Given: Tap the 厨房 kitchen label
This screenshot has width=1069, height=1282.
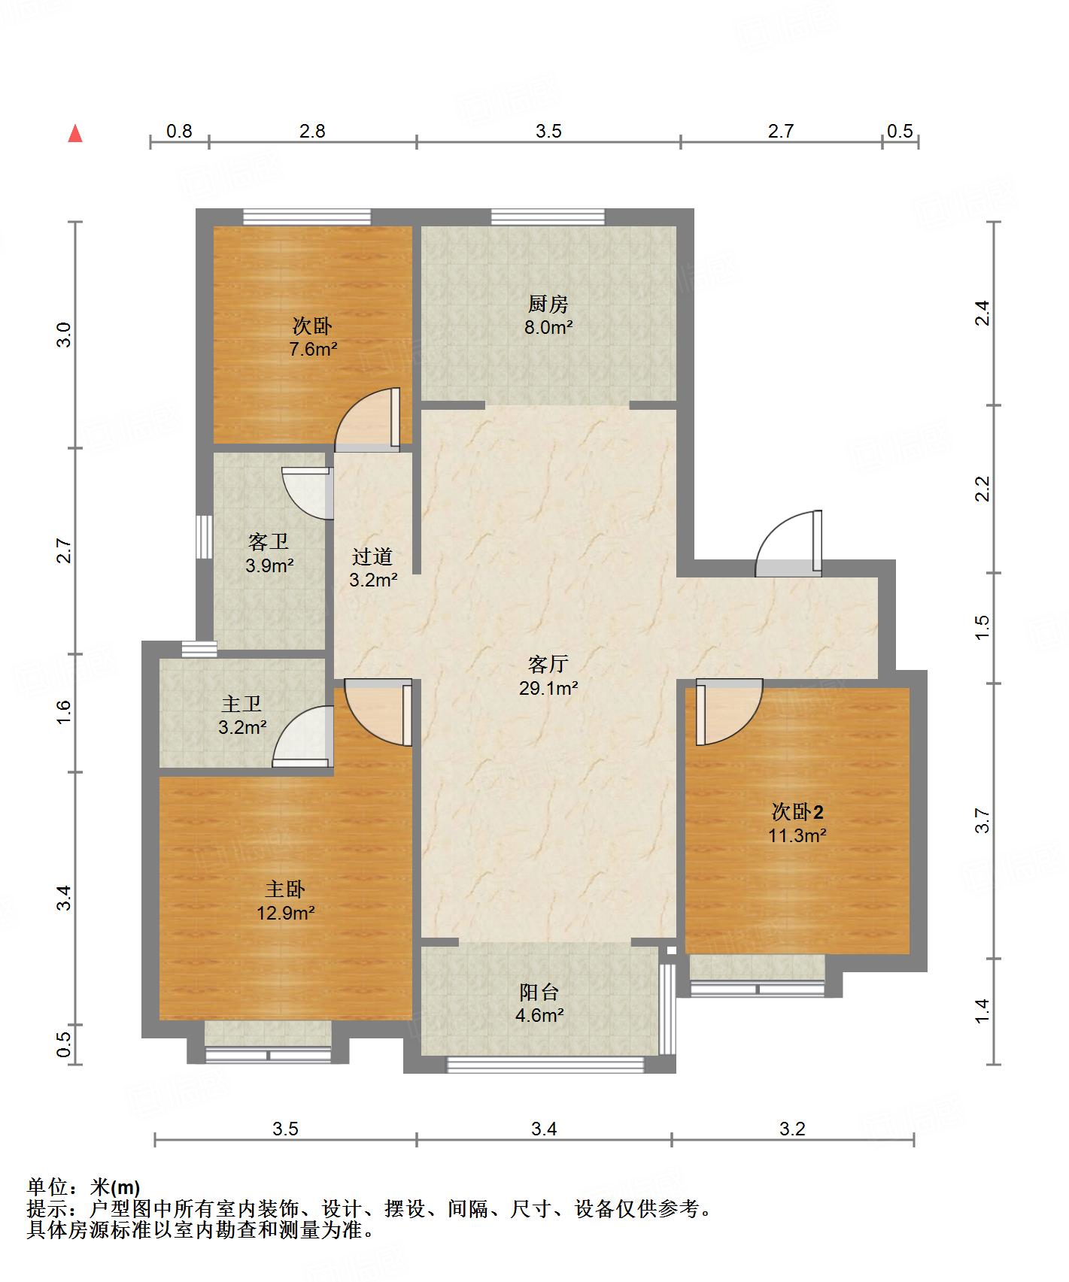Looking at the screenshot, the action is pyautogui.click(x=548, y=304).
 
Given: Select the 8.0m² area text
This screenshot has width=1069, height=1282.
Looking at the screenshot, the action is pyautogui.click(x=548, y=327).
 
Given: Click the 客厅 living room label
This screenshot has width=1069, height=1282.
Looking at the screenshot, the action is pyautogui.click(x=548, y=664).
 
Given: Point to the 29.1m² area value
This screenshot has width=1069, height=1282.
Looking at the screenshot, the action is pyautogui.click(x=548, y=687).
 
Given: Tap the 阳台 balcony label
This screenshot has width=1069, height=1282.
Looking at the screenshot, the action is pyautogui.click(x=539, y=992).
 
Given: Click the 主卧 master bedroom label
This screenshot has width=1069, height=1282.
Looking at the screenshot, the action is pyautogui.click(x=284, y=890).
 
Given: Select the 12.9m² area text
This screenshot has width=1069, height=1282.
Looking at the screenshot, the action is pyautogui.click(x=285, y=913).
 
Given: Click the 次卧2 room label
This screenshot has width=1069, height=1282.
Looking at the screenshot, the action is pyautogui.click(x=797, y=811).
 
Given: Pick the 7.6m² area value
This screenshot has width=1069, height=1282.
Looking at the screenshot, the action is pyautogui.click(x=313, y=349).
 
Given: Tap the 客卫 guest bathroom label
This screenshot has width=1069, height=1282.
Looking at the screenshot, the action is pyautogui.click(x=269, y=541).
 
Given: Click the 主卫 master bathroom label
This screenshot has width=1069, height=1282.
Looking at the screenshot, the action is pyautogui.click(x=241, y=704).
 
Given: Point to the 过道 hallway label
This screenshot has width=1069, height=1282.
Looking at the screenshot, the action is pyautogui.click(x=372, y=556).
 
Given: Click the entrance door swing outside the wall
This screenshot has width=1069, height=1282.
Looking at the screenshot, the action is pyautogui.click(x=788, y=543).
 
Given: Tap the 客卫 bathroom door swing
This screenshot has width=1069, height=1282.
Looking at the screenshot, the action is pyautogui.click(x=308, y=493).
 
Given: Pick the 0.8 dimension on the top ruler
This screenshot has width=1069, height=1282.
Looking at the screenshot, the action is pyautogui.click(x=179, y=131).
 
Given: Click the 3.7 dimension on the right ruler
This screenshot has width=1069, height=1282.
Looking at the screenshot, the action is pyautogui.click(x=982, y=820).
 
